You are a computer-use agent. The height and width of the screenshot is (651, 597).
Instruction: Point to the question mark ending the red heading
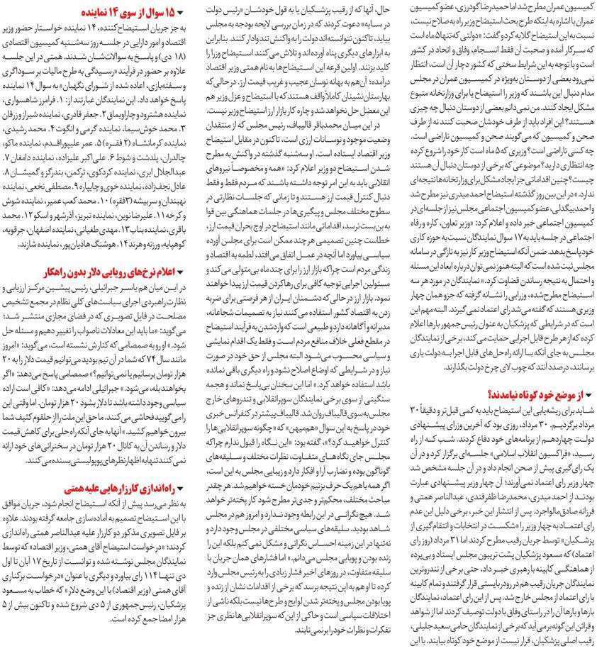[488, 395]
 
